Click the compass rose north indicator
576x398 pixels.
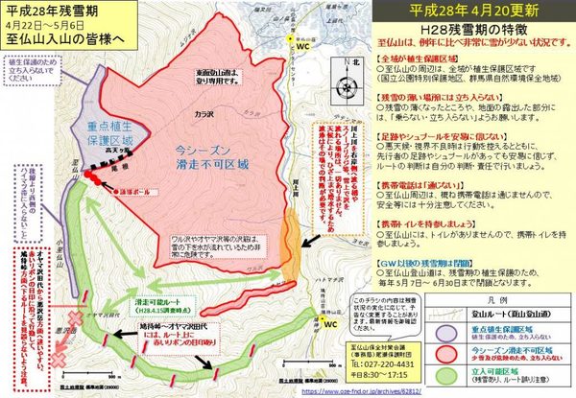click(347, 68)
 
